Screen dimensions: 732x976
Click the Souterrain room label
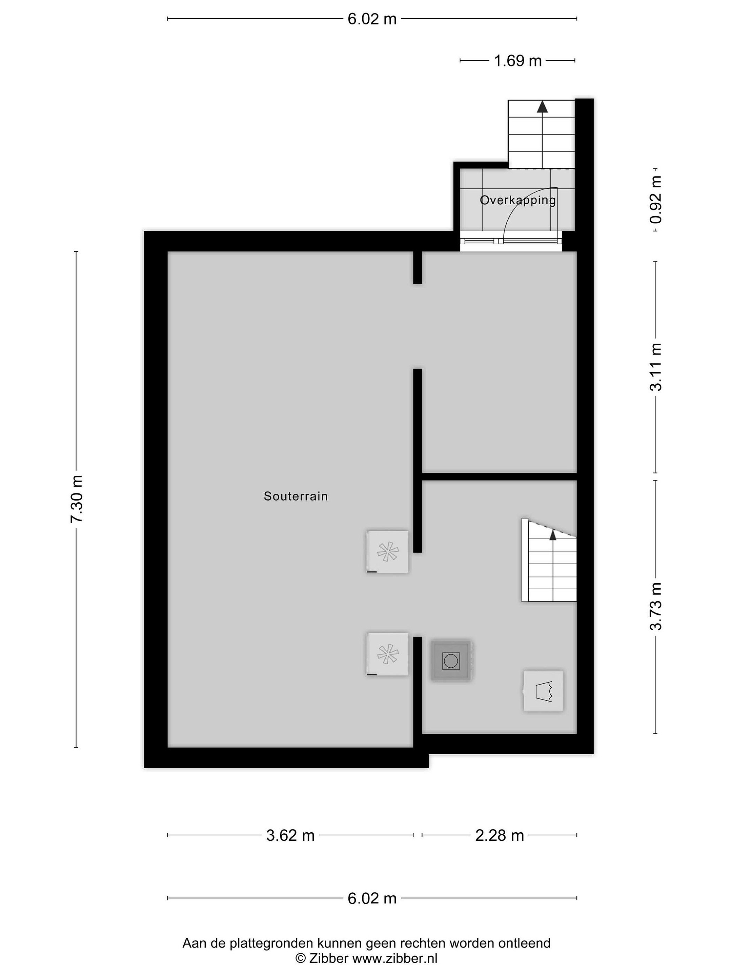[x=296, y=496]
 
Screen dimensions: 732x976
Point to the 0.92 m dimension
[x=656, y=199]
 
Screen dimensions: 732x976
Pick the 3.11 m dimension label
[x=656, y=367]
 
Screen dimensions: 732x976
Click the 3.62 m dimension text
[x=290, y=835]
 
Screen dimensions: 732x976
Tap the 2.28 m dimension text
[x=500, y=835]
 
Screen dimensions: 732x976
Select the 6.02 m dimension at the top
[x=372, y=19]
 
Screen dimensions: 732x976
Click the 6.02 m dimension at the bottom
[x=372, y=898]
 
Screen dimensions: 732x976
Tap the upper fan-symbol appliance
[x=387, y=551]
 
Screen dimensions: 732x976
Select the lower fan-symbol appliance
[x=387, y=654]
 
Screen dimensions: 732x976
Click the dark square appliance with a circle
[x=451, y=660]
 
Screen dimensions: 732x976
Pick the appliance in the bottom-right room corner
[x=544, y=691]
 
